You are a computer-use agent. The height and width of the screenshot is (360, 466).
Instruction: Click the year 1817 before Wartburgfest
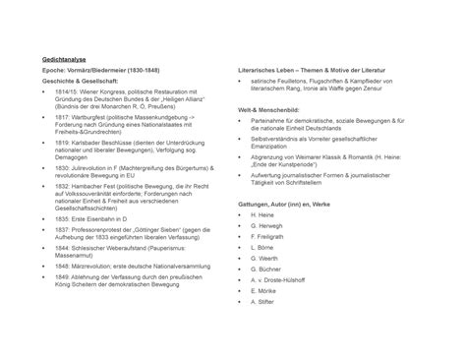tap(62, 118)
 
